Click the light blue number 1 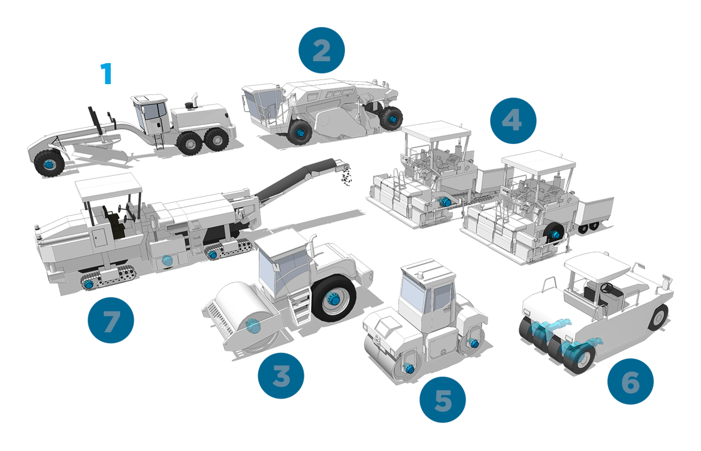tap(107, 73)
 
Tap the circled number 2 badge tap(321, 50)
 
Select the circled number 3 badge tap(281, 375)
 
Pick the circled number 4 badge tap(513, 121)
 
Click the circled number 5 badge tap(443, 400)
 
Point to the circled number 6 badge tap(630, 381)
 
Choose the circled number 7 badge tap(111, 320)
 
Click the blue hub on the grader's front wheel tap(49, 164)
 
